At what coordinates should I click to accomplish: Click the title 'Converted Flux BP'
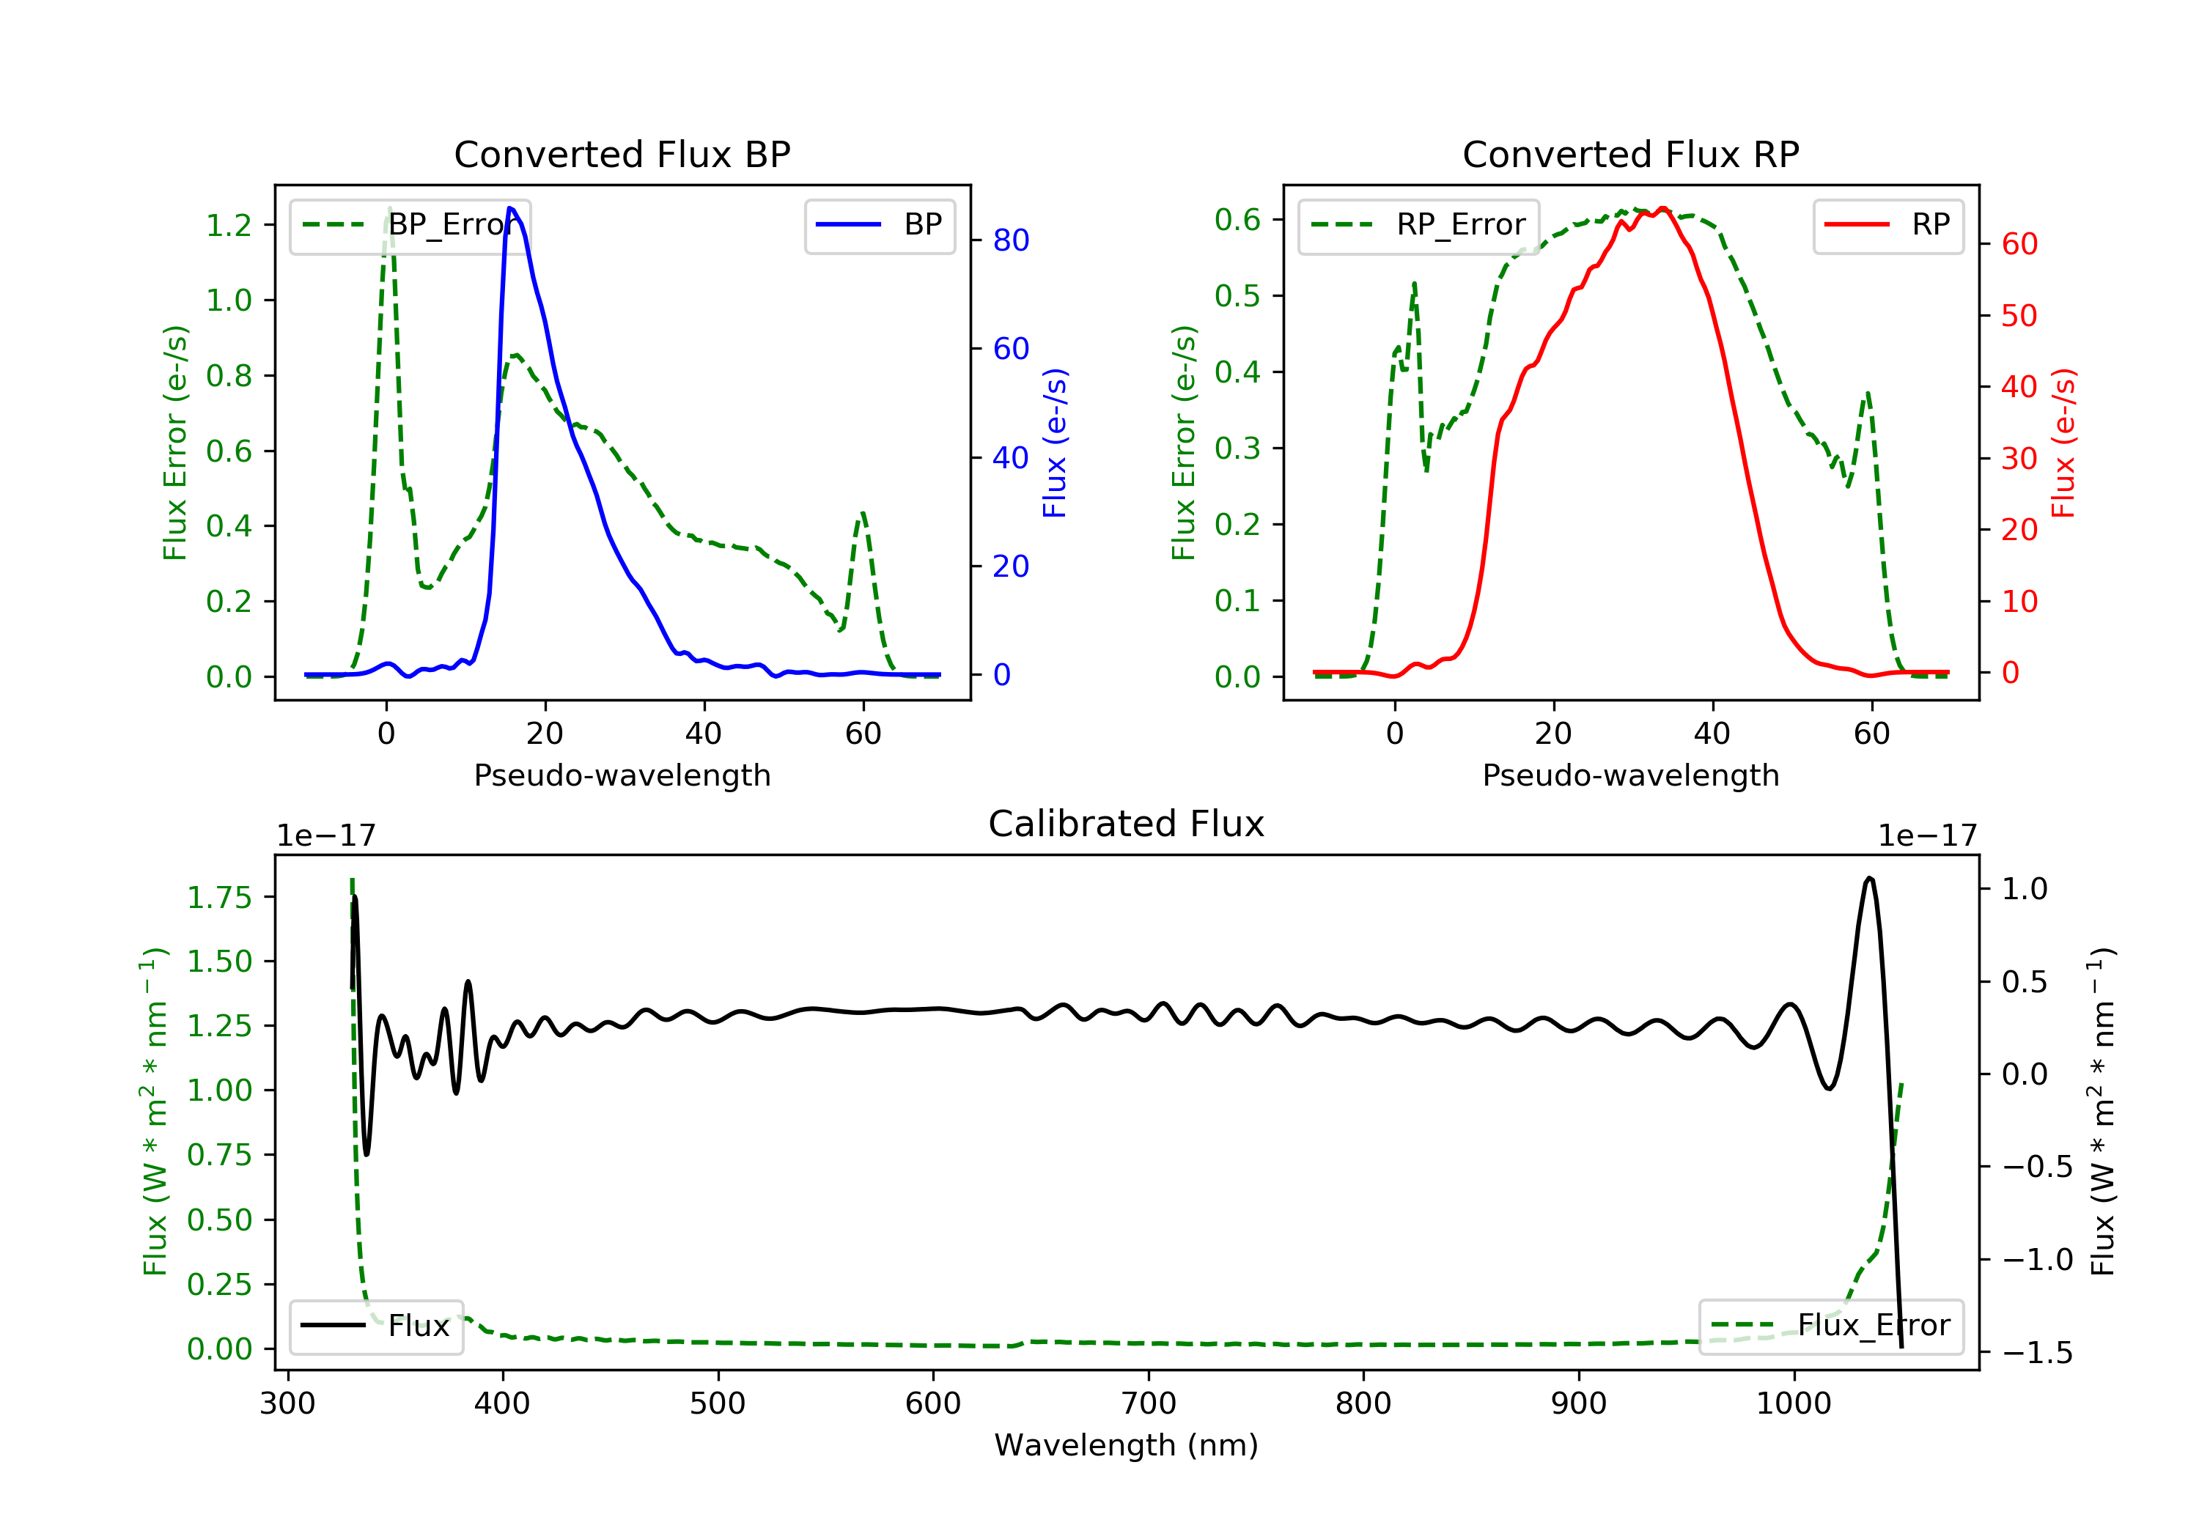(x=622, y=154)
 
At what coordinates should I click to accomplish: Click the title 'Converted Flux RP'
(x=1630, y=154)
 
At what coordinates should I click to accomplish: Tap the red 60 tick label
(x=2019, y=244)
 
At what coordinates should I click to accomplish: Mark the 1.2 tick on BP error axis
(x=229, y=225)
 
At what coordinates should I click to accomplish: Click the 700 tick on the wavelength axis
(x=1149, y=1404)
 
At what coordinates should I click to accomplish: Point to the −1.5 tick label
(x=2037, y=1353)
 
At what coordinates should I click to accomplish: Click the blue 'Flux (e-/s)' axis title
(x=1055, y=443)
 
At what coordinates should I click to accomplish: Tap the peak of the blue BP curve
(x=510, y=208)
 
